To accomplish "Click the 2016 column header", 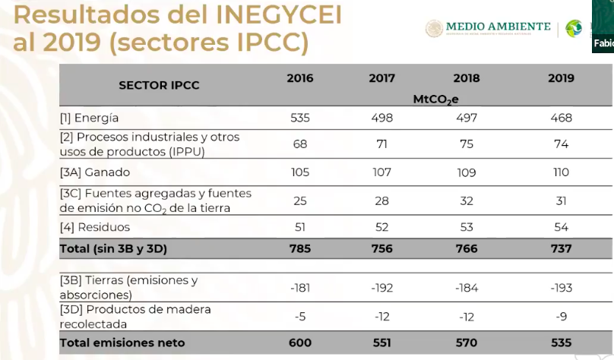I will [299, 78].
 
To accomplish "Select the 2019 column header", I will [562, 78].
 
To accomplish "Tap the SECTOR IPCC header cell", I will [159, 85].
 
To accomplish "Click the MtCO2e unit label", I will [435, 99].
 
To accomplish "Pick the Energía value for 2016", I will [299, 118].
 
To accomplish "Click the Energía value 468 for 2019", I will [562, 118].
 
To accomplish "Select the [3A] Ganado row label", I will [95, 172].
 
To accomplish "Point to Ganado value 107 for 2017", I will [381, 172].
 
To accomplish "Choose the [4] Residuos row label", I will [95, 227].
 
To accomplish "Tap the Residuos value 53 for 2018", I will [466, 227].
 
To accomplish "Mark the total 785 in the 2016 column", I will [299, 248].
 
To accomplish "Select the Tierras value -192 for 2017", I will [381, 287].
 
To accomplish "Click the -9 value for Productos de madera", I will [562, 316].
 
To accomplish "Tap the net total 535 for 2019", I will [562, 343].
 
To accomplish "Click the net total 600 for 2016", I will [299, 343].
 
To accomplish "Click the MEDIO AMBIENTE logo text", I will [498, 27].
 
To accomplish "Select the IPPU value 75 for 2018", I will [466, 144].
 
